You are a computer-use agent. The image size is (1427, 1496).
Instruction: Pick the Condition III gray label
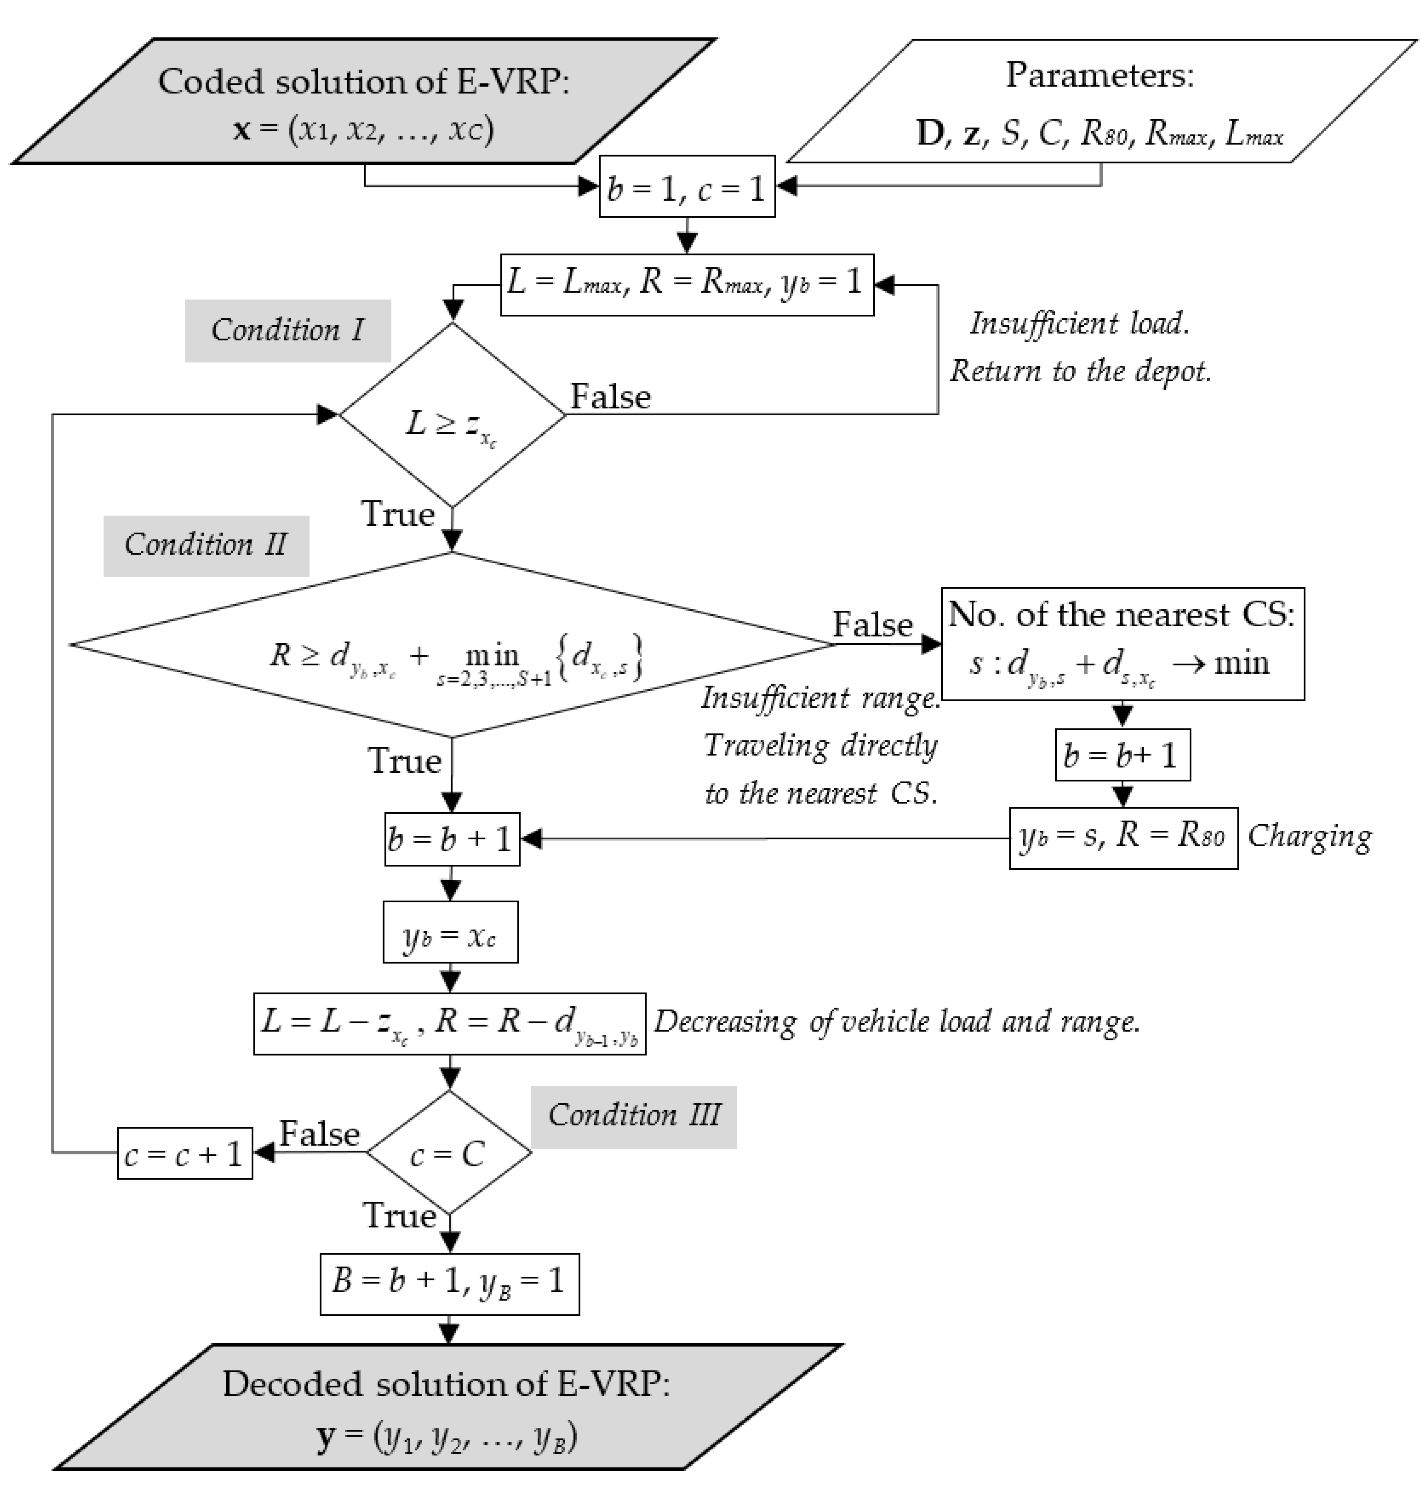[x=634, y=1116]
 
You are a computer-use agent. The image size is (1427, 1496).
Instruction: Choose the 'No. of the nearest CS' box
[x=1123, y=643]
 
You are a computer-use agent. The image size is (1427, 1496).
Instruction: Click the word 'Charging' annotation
[x=1310, y=836]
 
